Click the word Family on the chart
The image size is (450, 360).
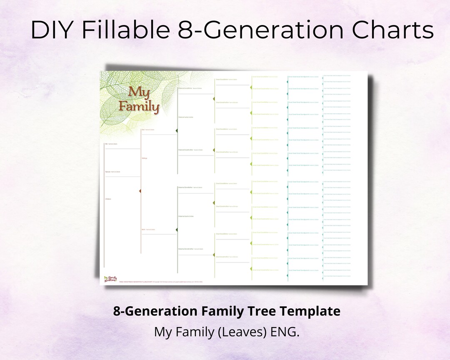(139, 107)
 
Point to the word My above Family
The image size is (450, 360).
(137, 92)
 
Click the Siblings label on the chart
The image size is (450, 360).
(145, 158)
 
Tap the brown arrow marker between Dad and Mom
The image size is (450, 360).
(140, 191)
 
